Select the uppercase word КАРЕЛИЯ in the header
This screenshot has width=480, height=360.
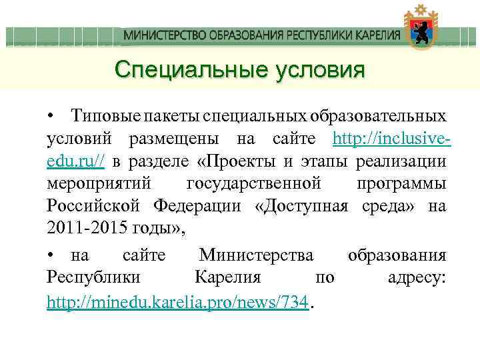[375, 35]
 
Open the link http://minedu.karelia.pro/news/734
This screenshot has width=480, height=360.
[177, 302]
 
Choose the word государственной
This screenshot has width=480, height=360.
[255, 183]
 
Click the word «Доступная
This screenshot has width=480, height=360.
[301, 206]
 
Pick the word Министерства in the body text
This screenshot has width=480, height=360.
[257, 256]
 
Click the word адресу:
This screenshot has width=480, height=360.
[417, 279]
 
